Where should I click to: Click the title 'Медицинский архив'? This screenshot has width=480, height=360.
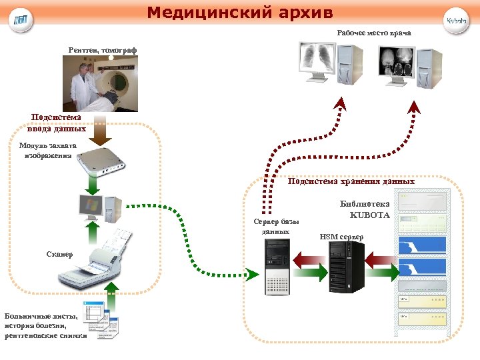(x=239, y=13)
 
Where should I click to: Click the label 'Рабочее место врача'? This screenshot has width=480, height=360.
(x=373, y=33)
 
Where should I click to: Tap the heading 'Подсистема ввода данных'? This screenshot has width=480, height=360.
(x=56, y=123)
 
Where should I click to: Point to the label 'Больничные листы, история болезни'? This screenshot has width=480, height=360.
(x=45, y=326)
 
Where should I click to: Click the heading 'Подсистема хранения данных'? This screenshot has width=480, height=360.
(x=351, y=181)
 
